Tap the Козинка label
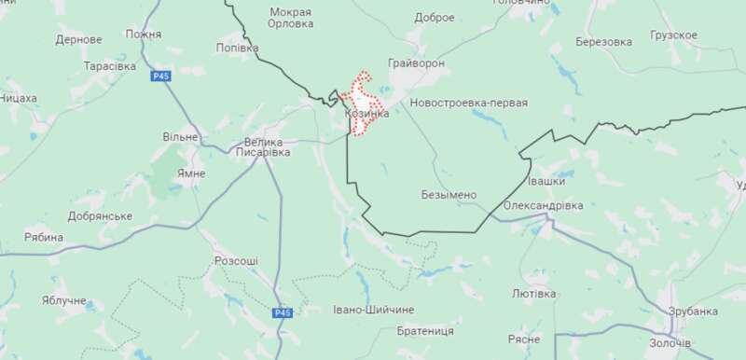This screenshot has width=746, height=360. tap(366, 114)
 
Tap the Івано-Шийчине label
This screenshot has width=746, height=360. tap(373, 309)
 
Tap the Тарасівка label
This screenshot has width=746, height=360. tap(109, 67)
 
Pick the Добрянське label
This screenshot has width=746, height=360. tap(100, 216)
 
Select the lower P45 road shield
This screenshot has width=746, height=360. tap(283, 313)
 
